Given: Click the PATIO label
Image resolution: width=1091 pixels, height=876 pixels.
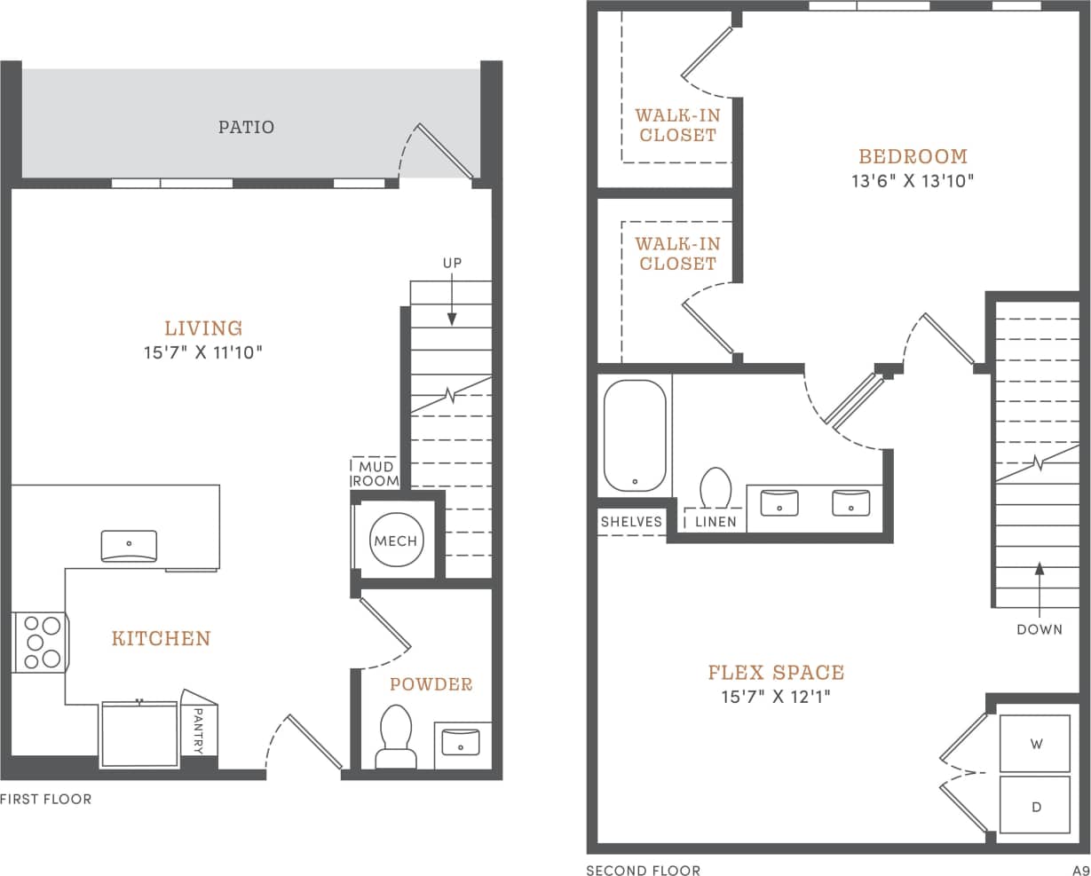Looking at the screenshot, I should point(246,127).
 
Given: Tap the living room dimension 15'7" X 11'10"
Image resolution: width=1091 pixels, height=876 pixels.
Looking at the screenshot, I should point(203,352).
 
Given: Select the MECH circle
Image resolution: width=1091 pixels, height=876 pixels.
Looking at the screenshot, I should point(395,541).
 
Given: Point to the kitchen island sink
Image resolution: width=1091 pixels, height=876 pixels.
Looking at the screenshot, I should point(129,545).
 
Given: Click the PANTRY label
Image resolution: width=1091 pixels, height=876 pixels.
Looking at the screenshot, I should point(199,730).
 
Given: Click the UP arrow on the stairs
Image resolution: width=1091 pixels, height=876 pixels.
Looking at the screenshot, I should point(452,302).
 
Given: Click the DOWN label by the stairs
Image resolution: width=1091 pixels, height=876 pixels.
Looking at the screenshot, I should point(1039,629).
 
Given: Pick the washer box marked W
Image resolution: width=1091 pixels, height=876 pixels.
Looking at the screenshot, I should point(1035,744).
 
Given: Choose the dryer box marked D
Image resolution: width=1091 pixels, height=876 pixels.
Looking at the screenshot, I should point(1035,806).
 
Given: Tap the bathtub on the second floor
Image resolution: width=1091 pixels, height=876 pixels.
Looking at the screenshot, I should point(634,434).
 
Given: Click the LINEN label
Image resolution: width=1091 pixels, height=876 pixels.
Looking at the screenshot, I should point(715,522).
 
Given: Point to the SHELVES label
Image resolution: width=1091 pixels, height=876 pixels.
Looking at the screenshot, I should point(631,521).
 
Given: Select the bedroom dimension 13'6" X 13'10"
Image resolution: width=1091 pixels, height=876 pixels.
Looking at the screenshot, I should point(913,181).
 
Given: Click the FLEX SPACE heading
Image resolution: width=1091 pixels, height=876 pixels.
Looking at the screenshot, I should point(775,672).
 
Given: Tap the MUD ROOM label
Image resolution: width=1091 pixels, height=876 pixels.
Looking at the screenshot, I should point(375,474).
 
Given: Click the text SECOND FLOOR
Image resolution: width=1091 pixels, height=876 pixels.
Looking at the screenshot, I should point(643,870).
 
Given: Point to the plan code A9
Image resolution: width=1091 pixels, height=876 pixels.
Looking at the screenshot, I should point(1079,870).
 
